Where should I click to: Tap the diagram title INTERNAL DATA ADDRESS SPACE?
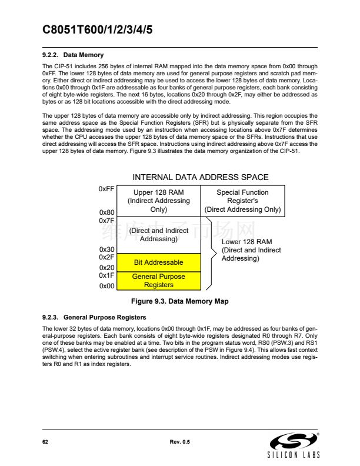pos(201,177)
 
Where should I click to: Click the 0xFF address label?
pos(107,189)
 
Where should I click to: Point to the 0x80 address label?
pos(107,212)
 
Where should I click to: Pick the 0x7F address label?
pos(106,221)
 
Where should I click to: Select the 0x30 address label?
pos(107,249)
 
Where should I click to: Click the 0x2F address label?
pos(106,257)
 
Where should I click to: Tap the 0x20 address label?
pos(107,267)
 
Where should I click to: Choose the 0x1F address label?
pos(106,275)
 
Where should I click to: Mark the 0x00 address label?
pos(107,286)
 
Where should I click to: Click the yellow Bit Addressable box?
pos(159,262)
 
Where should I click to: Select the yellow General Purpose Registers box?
pos(159,281)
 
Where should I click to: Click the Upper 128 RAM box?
pos(159,201)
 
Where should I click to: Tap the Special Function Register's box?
pos(242,201)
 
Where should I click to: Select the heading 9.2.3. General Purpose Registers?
pos(94,317)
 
